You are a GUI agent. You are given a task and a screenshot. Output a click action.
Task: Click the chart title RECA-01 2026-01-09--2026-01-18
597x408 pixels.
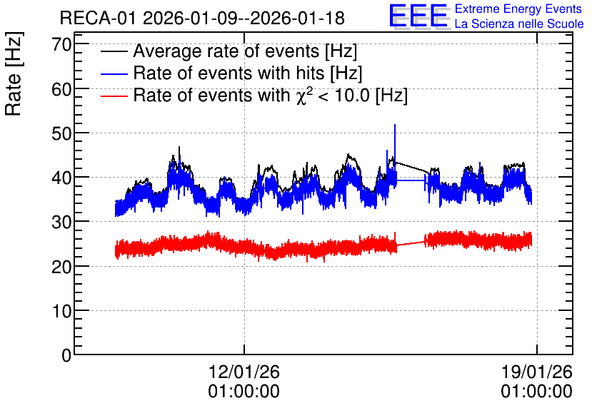pyautogui.click(x=202, y=18)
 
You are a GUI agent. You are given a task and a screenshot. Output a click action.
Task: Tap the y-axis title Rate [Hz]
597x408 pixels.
pyautogui.click(x=14, y=73)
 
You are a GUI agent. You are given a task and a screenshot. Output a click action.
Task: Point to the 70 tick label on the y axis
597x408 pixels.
pyautogui.click(x=61, y=44)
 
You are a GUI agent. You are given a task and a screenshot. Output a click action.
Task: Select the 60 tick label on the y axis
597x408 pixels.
pyautogui.click(x=61, y=89)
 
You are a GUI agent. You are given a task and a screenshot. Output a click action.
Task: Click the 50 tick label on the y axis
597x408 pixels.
pyautogui.click(x=61, y=133)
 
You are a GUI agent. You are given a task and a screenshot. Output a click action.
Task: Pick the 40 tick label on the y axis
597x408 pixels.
pyautogui.click(x=61, y=178)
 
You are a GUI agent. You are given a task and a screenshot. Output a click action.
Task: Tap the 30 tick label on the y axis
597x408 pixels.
pyautogui.click(x=61, y=222)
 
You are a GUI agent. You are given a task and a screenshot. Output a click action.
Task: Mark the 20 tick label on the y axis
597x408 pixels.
pyautogui.click(x=61, y=267)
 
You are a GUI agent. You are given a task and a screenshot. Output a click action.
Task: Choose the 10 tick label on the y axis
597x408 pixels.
pyautogui.click(x=61, y=311)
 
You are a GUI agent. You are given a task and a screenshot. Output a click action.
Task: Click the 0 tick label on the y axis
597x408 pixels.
pyautogui.click(x=66, y=355)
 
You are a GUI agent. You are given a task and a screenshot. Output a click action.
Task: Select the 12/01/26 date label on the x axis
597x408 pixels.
pyautogui.click(x=244, y=372)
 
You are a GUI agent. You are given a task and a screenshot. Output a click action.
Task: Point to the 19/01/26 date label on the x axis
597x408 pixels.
pyautogui.click(x=536, y=372)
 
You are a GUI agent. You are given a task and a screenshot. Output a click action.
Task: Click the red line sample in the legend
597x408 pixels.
pyautogui.click(x=114, y=96)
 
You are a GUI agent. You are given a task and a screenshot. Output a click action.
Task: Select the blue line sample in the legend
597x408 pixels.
pyautogui.click(x=114, y=74)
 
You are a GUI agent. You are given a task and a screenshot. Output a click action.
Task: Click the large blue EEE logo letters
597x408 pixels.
pyautogui.click(x=419, y=16)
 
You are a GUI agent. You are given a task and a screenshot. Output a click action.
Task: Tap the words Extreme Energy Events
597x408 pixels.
pyautogui.click(x=518, y=9)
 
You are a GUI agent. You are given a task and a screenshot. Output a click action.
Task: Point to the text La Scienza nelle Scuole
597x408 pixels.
pyautogui.click(x=519, y=24)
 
